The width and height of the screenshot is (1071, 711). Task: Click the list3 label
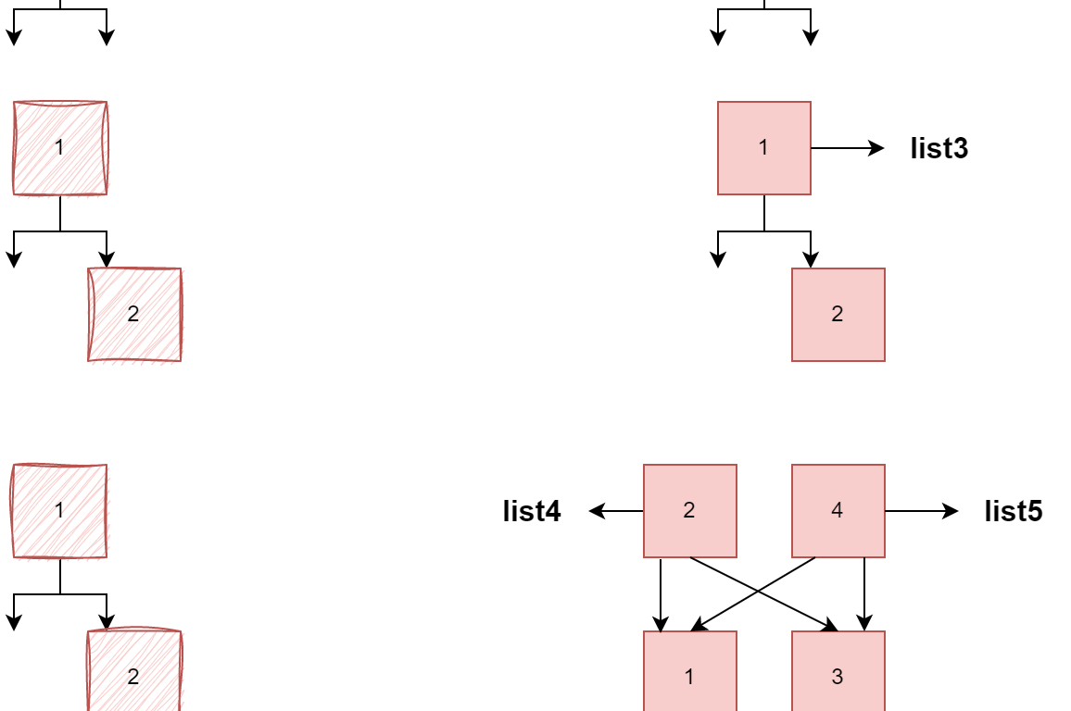[939, 148]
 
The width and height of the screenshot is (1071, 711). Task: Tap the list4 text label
[532, 511]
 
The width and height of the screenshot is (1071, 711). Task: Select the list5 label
[1014, 511]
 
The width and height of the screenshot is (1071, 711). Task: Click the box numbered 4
[838, 511]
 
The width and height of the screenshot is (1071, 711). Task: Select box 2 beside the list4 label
[689, 511]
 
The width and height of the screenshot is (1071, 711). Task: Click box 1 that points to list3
[763, 148]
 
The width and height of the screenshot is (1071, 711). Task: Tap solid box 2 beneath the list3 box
[838, 315]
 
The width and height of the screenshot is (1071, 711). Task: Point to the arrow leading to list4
[616, 511]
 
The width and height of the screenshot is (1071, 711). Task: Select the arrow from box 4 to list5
[921, 511]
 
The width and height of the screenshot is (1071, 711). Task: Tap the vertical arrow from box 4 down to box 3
[864, 594]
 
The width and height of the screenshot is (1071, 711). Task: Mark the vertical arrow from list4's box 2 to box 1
[661, 594]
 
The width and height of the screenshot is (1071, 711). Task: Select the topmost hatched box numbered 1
[60, 148]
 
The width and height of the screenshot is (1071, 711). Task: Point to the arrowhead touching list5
[952, 511]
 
